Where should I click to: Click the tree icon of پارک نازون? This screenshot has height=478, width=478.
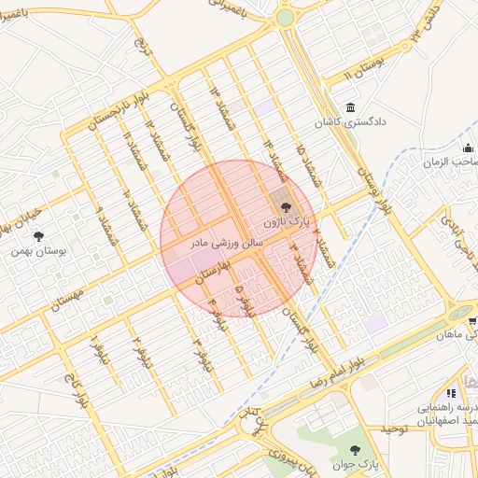pos(286,208)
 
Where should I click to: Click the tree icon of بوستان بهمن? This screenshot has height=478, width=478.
pos(38,237)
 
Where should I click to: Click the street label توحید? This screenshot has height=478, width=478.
pos(396,429)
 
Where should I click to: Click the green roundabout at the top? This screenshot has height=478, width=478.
pos(284,17)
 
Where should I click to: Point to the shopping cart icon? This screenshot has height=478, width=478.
pos(450,393)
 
